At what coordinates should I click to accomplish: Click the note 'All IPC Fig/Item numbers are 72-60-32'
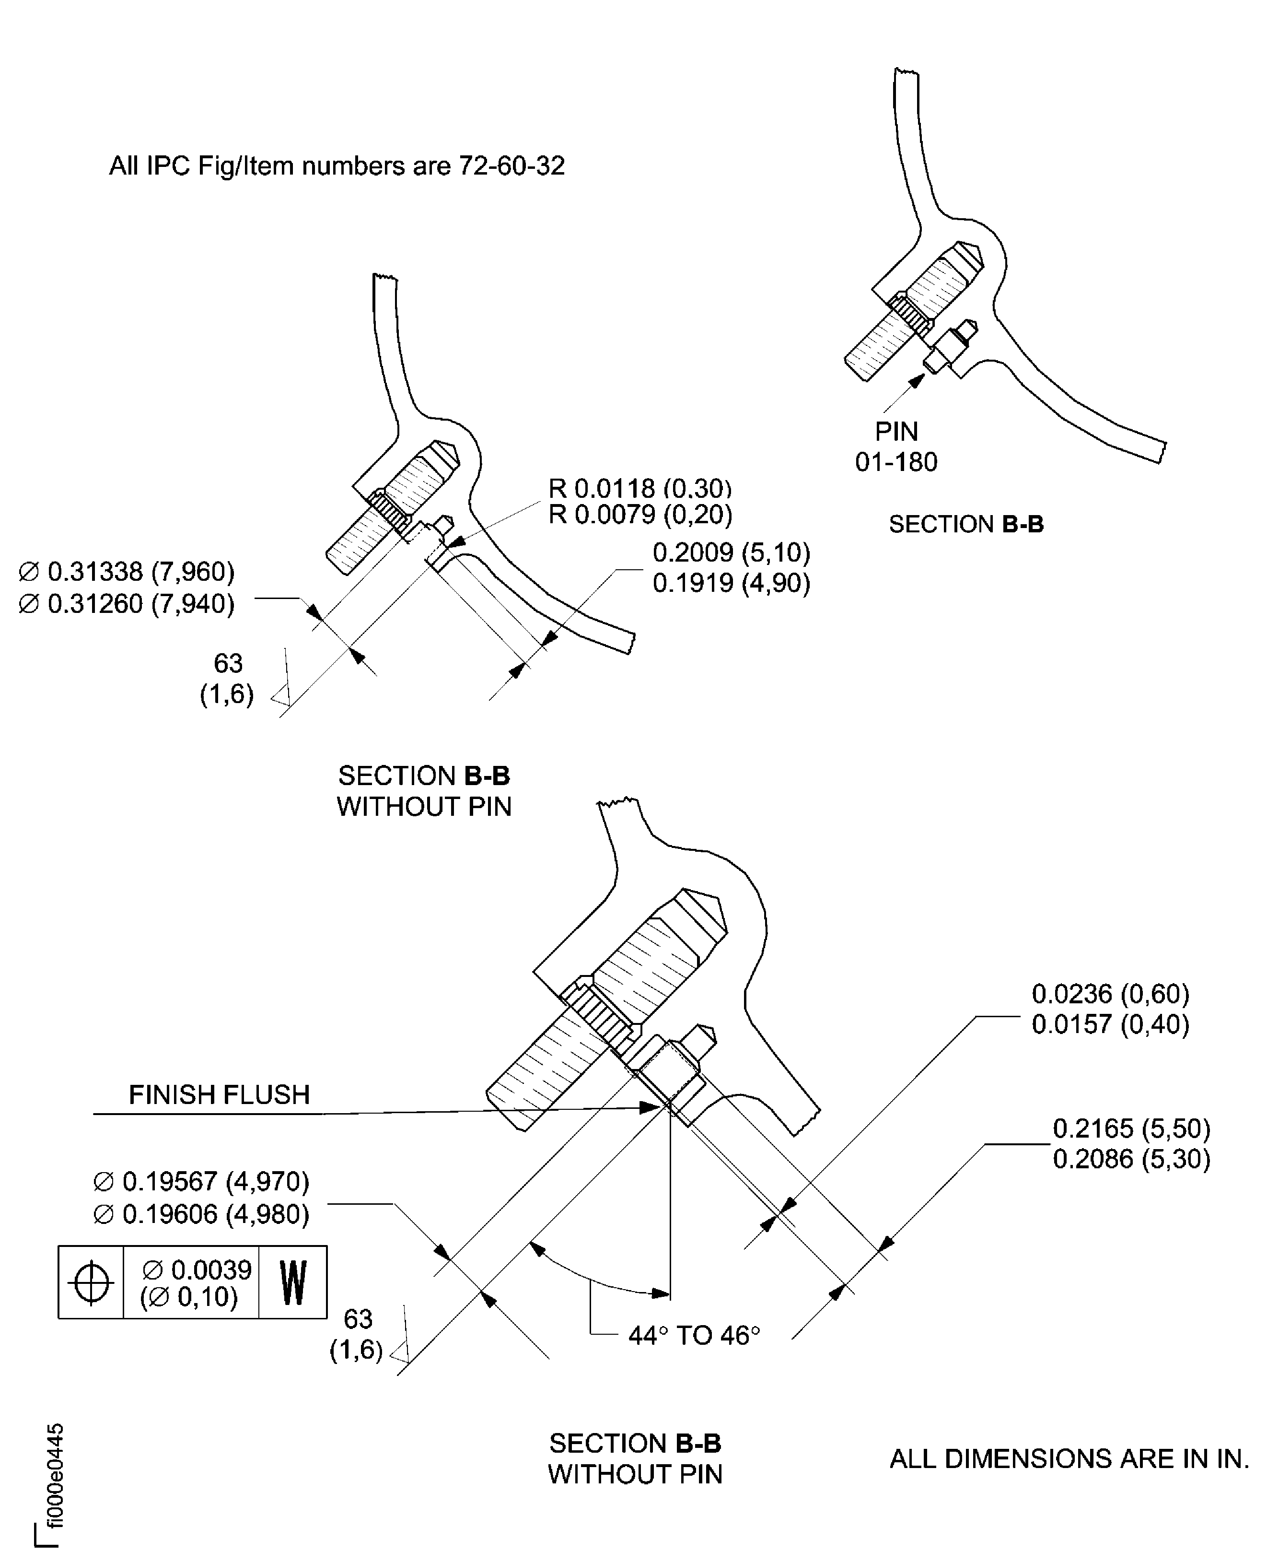[x=337, y=166]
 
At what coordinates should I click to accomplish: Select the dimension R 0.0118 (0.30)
[x=639, y=488]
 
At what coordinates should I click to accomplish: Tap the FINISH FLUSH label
[x=219, y=1095]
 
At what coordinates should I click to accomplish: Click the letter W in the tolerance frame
[x=293, y=1282]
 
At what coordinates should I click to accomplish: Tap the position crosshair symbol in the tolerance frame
[x=91, y=1282]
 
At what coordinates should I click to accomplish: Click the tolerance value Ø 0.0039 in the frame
[x=197, y=1270]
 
